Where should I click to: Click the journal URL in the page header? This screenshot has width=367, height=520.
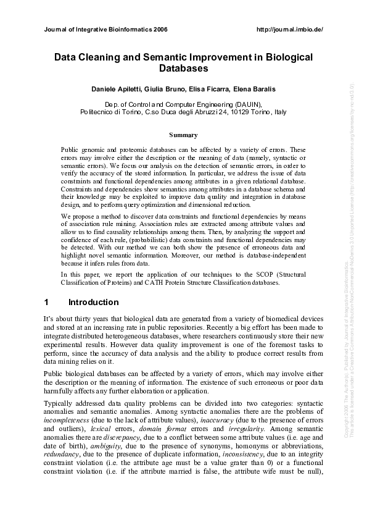pos(289,29)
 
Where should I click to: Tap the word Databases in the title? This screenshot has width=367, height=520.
pos(183,69)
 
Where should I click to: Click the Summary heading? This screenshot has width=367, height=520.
pos(183,134)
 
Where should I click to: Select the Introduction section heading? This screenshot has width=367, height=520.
pos(93,303)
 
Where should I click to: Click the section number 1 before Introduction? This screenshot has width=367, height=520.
pos(46,303)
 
